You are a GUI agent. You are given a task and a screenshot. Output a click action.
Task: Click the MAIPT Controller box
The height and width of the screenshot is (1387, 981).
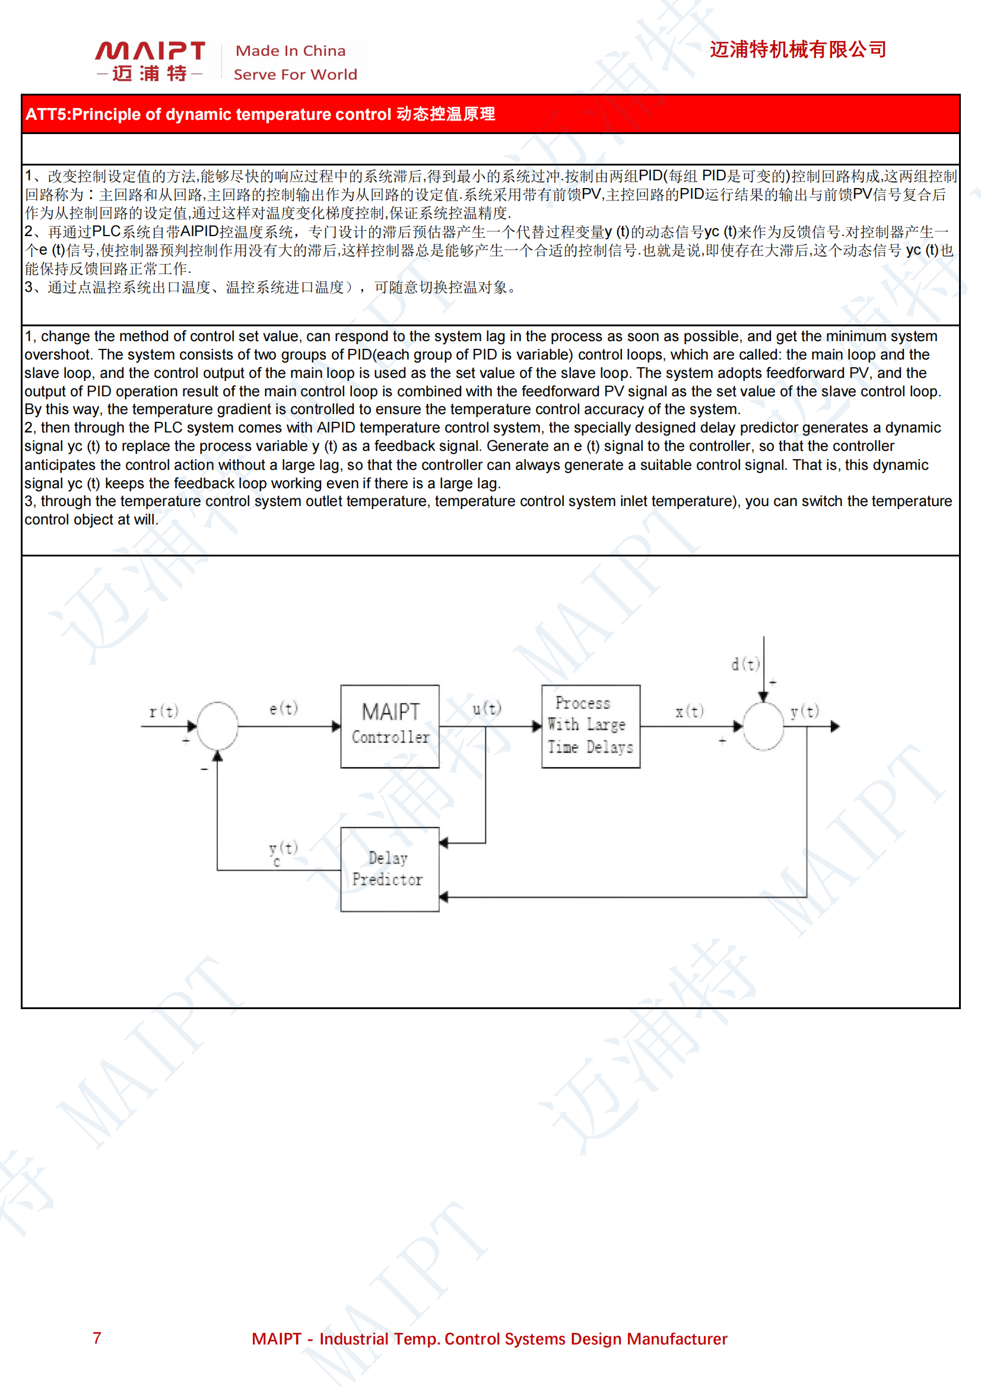(390, 726)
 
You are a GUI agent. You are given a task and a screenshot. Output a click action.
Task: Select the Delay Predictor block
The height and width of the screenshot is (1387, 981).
(390, 869)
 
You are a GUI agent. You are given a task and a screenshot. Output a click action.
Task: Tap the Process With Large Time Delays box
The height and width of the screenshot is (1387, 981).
(590, 726)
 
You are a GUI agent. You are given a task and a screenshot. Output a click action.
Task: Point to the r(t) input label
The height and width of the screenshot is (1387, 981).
(164, 711)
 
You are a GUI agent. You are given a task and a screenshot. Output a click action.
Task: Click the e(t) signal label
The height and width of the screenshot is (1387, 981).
(284, 708)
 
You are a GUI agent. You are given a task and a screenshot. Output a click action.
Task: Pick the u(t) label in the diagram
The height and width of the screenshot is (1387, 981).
(487, 708)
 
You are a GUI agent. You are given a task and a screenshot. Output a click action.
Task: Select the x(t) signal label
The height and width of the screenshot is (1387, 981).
(689, 711)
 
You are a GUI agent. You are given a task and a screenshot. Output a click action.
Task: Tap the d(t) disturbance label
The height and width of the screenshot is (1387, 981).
(745, 664)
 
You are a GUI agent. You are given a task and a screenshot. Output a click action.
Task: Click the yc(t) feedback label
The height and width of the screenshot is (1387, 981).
(282, 852)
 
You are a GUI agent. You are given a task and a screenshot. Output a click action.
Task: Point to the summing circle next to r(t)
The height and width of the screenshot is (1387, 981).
(218, 726)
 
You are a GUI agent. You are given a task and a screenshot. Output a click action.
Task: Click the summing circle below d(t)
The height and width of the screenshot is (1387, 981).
(763, 726)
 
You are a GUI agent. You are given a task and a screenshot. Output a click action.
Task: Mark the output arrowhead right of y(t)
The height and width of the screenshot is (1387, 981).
(835, 726)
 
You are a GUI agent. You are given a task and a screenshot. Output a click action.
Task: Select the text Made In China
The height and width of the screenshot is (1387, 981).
(290, 51)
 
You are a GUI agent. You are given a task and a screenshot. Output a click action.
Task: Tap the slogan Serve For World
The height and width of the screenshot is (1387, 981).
(295, 74)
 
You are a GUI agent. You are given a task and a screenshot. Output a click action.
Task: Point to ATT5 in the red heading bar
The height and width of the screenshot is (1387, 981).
(46, 114)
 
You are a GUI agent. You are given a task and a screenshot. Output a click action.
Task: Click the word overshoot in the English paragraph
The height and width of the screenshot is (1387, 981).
(57, 355)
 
